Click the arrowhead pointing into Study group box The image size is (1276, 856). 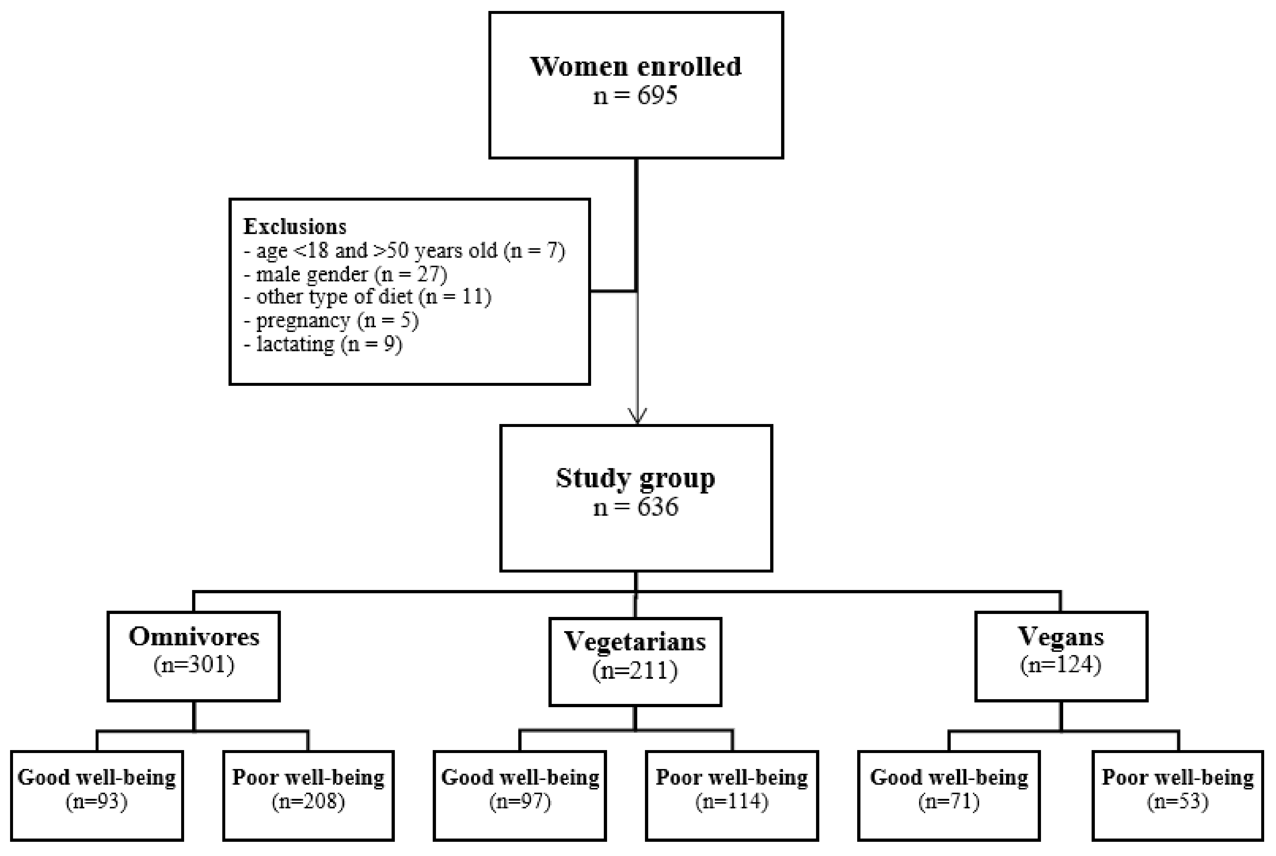click(x=637, y=416)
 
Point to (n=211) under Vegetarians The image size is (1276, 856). click(x=635, y=670)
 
